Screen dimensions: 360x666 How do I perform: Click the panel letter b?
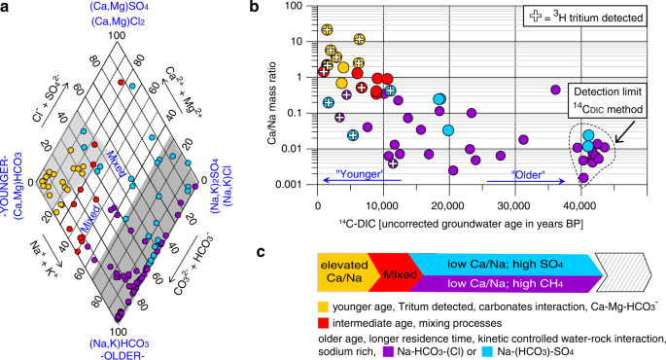[255, 9]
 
